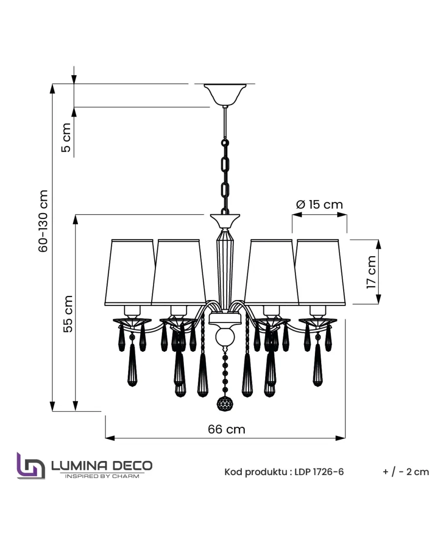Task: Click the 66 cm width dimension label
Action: point(227,429)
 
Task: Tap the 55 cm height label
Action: point(68,314)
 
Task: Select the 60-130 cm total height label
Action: point(43,221)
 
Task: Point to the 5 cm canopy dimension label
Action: point(66,137)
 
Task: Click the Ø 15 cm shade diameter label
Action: point(319,204)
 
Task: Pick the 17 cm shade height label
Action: point(371,272)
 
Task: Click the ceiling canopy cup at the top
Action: point(225,95)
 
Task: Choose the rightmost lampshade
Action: point(321,273)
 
